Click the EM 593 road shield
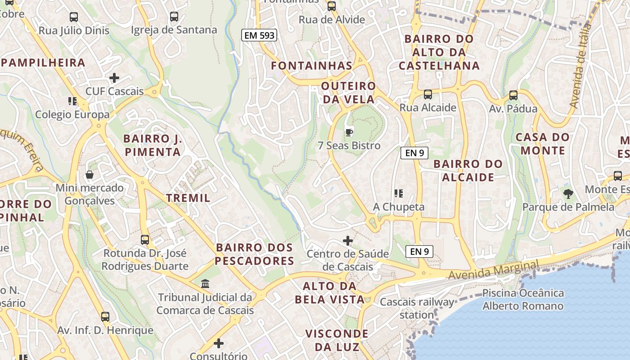[x=259, y=35]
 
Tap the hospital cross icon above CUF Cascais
[x=114, y=78]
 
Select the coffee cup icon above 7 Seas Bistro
[x=348, y=132]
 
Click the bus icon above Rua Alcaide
[x=427, y=94]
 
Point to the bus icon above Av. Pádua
[x=513, y=95]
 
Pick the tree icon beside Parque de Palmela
[x=568, y=194]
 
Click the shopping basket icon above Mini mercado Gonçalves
[x=90, y=175]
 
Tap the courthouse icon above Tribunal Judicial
[x=205, y=283]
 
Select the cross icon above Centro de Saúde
[x=348, y=241]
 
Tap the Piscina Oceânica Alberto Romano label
[x=523, y=300]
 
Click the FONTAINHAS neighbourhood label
[x=311, y=66]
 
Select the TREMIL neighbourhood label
[x=188, y=198]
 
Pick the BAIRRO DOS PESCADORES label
[x=254, y=254]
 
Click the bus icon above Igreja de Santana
[x=174, y=17]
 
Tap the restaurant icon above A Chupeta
[x=398, y=193]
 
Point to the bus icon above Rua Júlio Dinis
[x=74, y=17]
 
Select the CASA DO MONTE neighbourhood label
[x=543, y=144]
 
